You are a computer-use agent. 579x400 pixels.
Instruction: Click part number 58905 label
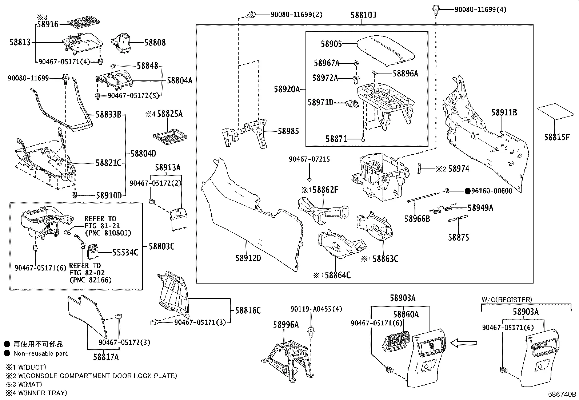[331, 44]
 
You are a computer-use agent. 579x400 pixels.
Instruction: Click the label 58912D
[248, 258]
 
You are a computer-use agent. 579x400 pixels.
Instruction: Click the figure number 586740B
[562, 394]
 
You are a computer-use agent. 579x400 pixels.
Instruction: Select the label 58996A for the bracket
[286, 325]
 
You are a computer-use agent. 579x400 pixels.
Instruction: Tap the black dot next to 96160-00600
[468, 191]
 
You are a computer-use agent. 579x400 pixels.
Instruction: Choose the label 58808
[155, 43]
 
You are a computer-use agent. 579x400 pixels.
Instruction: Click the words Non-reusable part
[40, 353]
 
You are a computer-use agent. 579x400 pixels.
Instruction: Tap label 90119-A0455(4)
[316, 309]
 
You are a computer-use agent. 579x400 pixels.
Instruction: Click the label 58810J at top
[363, 15]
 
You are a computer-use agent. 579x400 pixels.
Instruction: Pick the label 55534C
[125, 252]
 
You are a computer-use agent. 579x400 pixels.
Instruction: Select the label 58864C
[338, 275]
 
